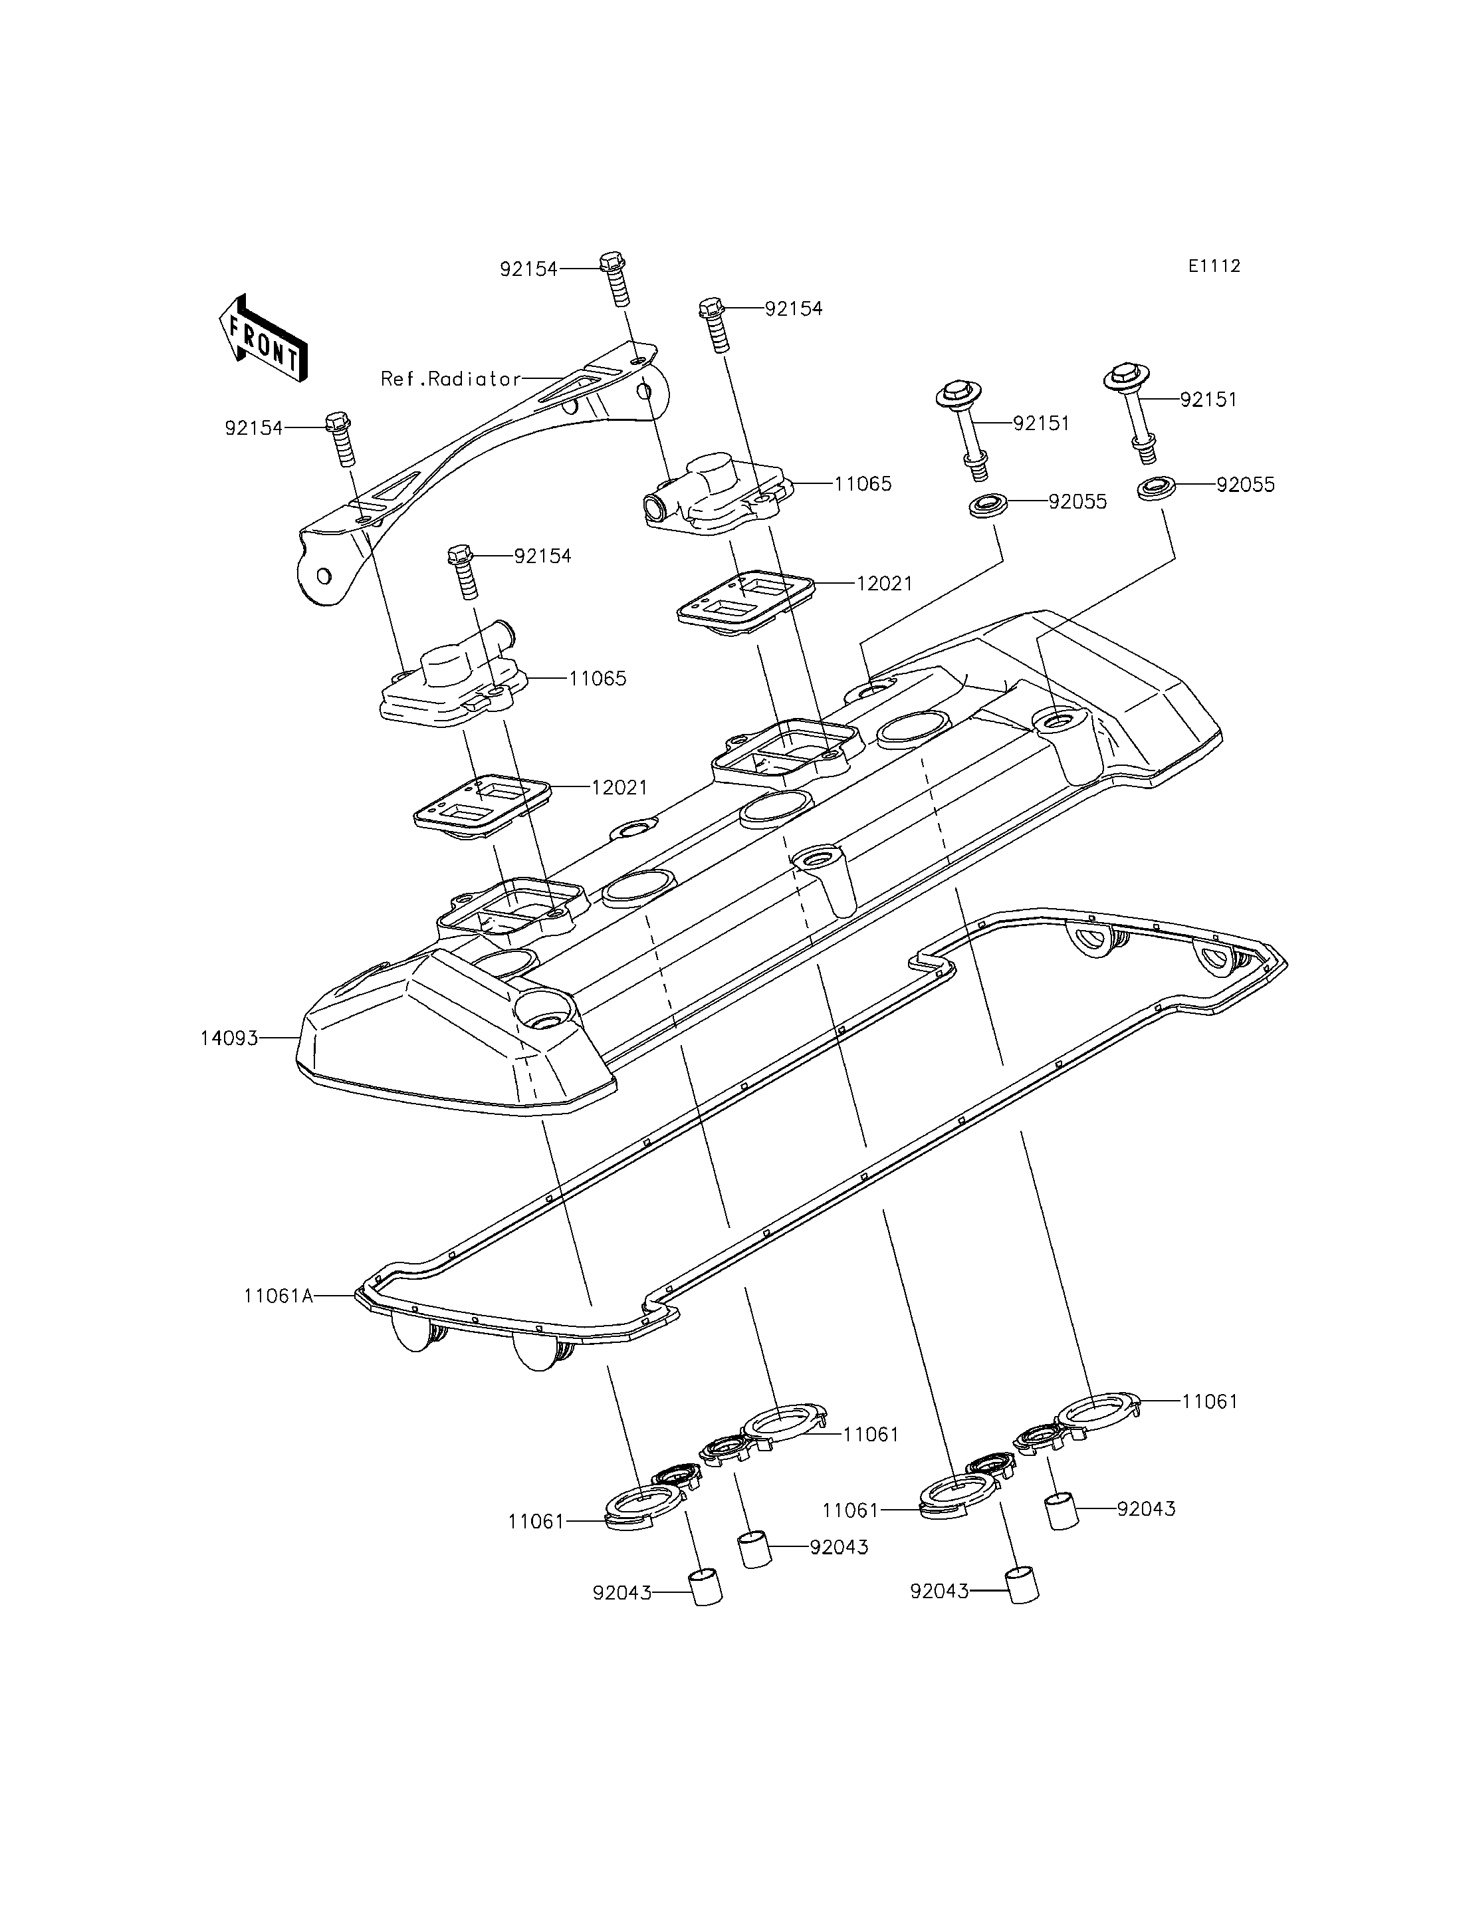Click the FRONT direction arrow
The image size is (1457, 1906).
263,338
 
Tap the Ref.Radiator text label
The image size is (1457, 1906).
451,379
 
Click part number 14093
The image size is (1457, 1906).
230,1038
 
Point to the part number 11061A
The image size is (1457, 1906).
279,1320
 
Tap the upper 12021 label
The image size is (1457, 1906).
885,584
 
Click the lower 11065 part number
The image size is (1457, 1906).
598,678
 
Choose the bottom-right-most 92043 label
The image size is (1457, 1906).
939,1592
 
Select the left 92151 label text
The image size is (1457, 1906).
1041,423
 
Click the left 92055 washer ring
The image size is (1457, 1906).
987,505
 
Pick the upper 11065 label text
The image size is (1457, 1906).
863,484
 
